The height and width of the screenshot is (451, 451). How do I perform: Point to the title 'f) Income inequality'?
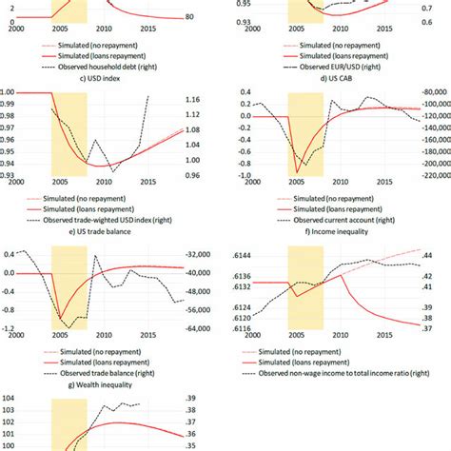[338, 231]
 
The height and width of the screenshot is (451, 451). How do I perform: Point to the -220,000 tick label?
[423, 174]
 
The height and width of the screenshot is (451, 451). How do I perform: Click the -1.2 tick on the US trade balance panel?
[11, 328]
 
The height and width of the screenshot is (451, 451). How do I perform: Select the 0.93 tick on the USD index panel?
[13, 175]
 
